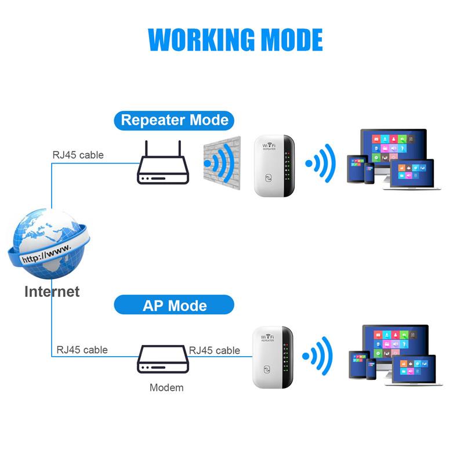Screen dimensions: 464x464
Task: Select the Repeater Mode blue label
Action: click(x=174, y=120)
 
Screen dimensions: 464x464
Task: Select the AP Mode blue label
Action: click(x=174, y=305)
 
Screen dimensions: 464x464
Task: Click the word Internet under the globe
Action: click(x=52, y=291)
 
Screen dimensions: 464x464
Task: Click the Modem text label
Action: click(x=166, y=387)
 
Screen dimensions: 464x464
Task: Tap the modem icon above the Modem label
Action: click(x=163, y=361)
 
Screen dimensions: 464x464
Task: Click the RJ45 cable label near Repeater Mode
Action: click(x=78, y=155)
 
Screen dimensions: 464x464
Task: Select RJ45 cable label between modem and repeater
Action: click(x=215, y=350)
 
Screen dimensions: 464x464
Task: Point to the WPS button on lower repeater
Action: click(x=269, y=370)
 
